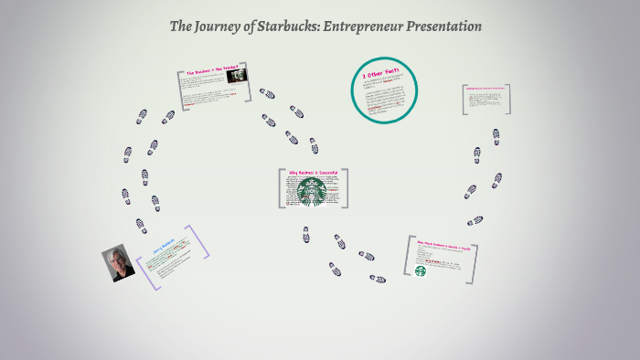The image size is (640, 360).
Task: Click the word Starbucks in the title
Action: pyautogui.click(x=278, y=26)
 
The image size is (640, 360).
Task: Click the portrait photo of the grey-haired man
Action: pyautogui.click(x=118, y=262)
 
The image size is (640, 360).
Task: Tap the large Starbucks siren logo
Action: pyautogui.click(x=312, y=192)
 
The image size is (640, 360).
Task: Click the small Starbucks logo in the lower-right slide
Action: pyautogui.click(x=421, y=270)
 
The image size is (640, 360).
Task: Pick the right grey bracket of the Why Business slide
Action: pyautogui.click(x=346, y=187)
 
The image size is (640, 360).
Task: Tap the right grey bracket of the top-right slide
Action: pyautogui.click(x=508, y=99)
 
